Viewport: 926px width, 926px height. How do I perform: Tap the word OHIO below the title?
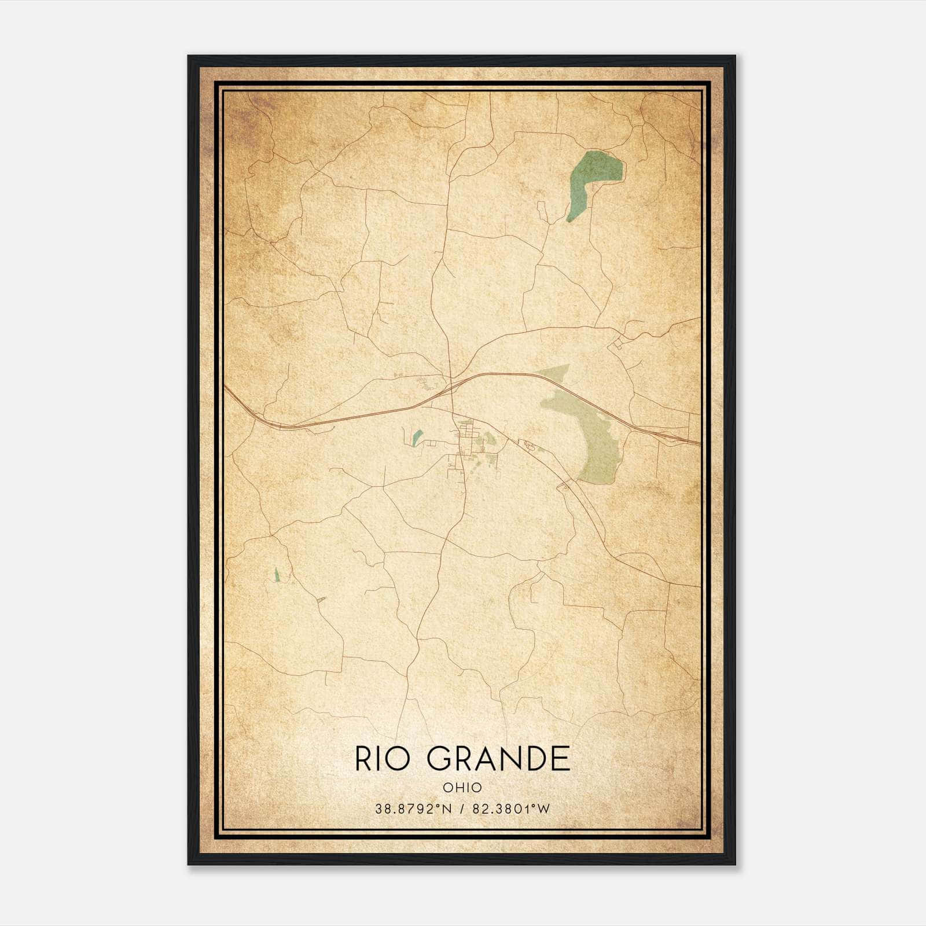[462, 787]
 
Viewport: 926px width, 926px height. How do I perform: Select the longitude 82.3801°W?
[510, 809]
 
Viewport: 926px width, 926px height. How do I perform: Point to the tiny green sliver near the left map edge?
[277, 574]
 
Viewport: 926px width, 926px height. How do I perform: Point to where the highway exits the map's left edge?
[226, 387]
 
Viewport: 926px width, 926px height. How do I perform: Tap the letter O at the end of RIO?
[408, 759]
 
